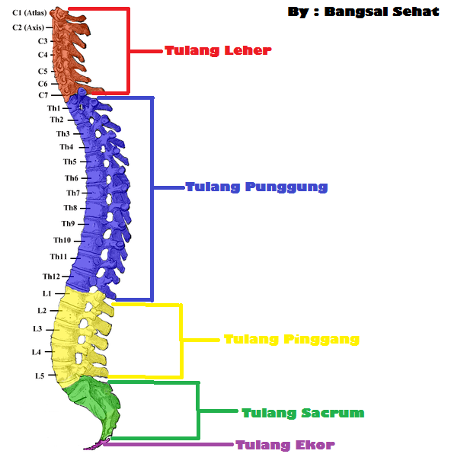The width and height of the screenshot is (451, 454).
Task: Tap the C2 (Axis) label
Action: (x=28, y=27)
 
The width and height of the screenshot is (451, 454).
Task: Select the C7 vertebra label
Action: (x=43, y=95)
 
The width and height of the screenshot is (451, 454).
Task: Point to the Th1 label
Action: (x=53, y=108)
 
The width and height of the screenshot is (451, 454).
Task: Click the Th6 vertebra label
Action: (x=71, y=178)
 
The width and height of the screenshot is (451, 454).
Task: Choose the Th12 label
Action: (x=51, y=277)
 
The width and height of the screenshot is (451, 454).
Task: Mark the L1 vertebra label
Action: (x=47, y=293)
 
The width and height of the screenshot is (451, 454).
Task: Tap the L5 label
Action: (x=40, y=376)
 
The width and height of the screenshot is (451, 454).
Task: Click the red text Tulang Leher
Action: (x=218, y=51)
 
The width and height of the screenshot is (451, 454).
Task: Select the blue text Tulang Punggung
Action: (x=256, y=187)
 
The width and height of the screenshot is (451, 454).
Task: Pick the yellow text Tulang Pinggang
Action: (x=291, y=339)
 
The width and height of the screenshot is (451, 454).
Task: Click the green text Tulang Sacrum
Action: (x=302, y=413)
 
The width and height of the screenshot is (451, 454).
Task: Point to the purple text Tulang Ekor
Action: (x=284, y=445)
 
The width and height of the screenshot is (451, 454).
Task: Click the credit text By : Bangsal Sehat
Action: (x=363, y=12)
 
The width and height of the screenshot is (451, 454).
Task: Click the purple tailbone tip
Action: (x=97, y=444)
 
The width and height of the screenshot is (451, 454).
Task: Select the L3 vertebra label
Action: (x=37, y=329)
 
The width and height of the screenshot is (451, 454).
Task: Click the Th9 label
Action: (x=68, y=224)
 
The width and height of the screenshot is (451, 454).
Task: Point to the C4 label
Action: (x=43, y=55)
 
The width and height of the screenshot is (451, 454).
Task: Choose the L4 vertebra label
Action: (x=37, y=352)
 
